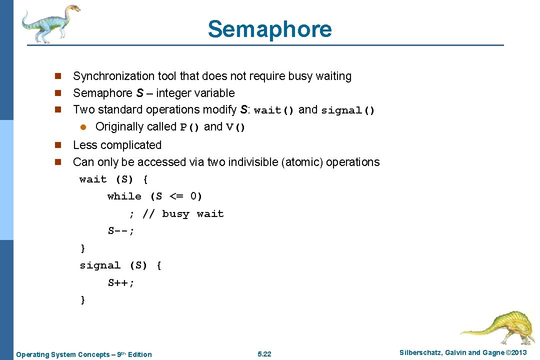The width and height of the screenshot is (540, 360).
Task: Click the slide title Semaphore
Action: [x=269, y=29]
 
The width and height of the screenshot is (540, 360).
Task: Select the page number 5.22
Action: [x=264, y=354]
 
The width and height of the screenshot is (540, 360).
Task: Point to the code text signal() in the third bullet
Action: [x=347, y=110]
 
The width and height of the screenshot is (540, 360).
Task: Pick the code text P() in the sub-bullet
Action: [x=190, y=127]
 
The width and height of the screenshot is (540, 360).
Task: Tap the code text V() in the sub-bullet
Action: [x=236, y=127]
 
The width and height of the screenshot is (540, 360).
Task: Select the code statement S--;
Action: [x=121, y=231]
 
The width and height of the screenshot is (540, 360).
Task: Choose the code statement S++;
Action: [x=121, y=283]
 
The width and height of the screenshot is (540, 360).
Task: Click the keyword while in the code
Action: [x=124, y=196]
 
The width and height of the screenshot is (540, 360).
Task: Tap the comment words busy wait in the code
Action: [x=193, y=214]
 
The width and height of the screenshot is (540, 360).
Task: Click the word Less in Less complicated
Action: [x=84, y=145]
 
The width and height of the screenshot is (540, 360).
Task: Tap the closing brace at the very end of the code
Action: [x=83, y=300]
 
